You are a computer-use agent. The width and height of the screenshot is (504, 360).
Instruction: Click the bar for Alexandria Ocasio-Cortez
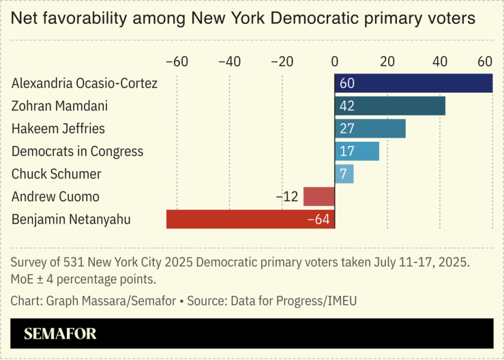413,83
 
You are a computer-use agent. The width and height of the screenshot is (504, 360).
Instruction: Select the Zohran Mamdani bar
389,106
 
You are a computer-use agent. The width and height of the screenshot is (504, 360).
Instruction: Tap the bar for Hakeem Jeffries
370,128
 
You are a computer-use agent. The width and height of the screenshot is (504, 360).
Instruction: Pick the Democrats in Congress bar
357,151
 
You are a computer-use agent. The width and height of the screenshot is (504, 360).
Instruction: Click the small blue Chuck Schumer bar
344,173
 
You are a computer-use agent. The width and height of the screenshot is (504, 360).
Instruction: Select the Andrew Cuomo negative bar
318,196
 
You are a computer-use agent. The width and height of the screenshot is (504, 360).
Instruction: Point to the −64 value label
318,219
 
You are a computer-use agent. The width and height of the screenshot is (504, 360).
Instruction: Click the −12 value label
287,196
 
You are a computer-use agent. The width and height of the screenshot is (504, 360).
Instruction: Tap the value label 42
347,106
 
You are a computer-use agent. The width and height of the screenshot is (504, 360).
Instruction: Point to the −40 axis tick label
229,61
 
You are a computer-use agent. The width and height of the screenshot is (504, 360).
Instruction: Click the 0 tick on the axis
335,61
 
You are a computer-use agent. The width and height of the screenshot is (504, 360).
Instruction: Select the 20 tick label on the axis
387,61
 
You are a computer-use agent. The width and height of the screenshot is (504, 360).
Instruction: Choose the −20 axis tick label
282,61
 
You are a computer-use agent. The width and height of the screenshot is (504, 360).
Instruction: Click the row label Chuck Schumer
57,174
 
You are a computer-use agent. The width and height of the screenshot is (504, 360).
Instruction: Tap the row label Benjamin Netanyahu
71,219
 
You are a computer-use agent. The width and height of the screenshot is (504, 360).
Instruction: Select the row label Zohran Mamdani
59,106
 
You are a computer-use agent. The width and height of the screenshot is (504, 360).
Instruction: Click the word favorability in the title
95,18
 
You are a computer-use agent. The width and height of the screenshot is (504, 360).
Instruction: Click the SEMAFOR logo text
60,334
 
